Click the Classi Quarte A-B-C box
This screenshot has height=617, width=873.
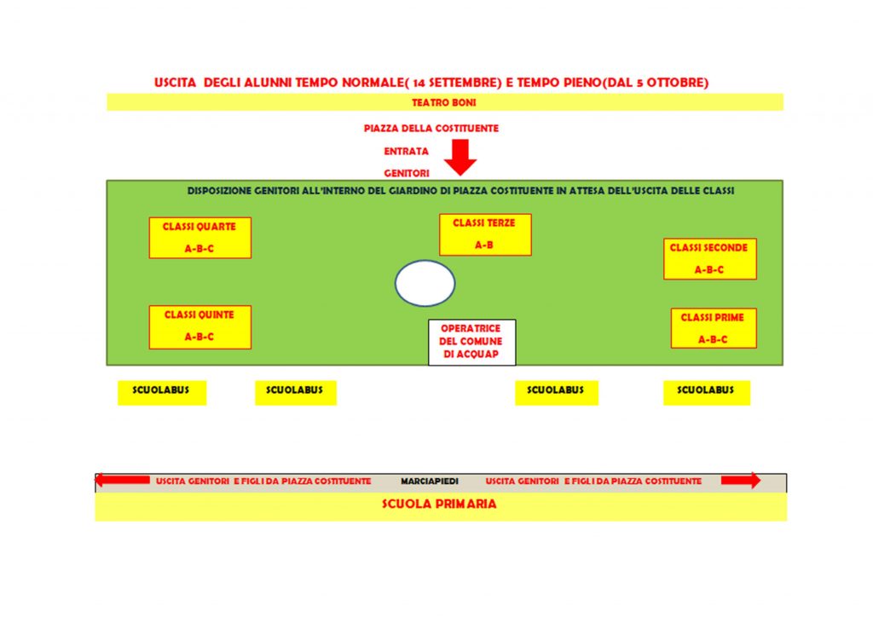199,238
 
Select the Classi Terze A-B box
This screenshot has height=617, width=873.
485,234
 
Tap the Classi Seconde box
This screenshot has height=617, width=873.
710,259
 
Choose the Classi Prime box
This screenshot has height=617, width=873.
714,328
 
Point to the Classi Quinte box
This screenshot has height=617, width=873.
199,327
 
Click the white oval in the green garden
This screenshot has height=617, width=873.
425,283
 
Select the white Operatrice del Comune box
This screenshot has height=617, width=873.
471,342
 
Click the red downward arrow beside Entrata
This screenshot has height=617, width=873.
460,158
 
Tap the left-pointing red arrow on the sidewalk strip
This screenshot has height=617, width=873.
123,480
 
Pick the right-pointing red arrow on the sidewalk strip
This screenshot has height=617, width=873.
741,480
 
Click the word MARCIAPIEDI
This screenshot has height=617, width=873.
430,481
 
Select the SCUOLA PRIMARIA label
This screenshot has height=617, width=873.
439,504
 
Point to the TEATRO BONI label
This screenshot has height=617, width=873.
443,102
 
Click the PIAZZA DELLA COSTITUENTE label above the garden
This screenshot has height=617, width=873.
431,129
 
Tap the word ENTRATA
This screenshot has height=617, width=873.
406,152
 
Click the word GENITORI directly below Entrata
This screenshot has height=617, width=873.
407,174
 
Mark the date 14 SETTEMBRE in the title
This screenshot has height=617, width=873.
457,83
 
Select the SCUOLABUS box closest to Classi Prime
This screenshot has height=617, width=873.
707,393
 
